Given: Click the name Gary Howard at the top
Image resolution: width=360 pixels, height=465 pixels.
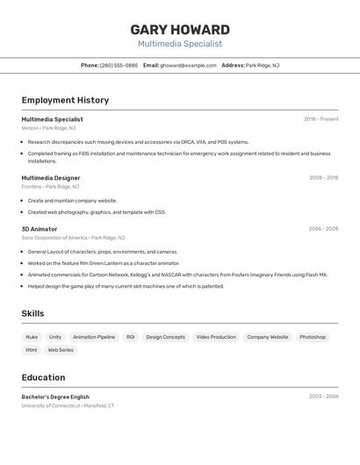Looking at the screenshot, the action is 180,29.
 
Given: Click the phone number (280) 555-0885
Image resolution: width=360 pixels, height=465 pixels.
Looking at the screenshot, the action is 119,65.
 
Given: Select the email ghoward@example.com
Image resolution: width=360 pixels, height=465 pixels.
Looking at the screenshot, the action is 188,65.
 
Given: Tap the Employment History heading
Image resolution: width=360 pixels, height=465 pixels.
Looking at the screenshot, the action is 65,100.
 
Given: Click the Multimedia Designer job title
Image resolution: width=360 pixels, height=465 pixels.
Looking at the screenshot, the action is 51,178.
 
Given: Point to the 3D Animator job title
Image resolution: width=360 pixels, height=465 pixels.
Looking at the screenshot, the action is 40,229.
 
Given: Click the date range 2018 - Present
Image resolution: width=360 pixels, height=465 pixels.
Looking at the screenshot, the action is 321,119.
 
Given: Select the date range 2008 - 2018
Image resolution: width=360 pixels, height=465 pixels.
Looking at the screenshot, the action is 323,178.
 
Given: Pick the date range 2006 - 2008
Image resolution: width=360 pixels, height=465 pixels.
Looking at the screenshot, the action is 323,229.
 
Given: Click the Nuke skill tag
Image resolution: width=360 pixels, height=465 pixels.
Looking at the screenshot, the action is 32,337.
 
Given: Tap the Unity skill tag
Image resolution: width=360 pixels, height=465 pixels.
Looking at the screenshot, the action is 55,337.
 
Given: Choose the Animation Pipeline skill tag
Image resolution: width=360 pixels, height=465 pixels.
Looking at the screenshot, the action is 94,337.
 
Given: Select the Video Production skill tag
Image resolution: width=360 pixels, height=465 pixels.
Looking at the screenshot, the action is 216,337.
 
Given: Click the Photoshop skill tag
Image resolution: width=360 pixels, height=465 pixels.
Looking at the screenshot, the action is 313,337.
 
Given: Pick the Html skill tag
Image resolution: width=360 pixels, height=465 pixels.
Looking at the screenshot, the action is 32,350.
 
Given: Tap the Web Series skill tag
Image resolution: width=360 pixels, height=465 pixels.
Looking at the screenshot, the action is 61,350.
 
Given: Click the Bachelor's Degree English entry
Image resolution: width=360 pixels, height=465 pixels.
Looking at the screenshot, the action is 55,397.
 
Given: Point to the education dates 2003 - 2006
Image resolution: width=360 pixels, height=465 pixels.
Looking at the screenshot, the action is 323,397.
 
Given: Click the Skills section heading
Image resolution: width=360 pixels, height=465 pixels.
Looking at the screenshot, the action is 32,313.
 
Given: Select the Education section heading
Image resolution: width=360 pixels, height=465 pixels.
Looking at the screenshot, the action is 43,377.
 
